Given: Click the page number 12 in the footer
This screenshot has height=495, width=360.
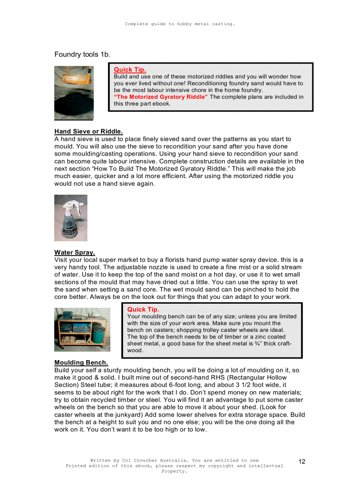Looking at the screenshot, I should pos(302,462).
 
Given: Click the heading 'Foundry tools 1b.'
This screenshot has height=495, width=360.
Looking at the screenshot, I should pos(82,54).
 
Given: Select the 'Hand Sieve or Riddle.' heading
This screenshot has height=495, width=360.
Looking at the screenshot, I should pos(88,131).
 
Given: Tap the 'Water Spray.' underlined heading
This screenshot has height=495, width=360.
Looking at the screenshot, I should pos(75,253).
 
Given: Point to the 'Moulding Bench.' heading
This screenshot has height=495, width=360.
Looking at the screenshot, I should pos(81,363).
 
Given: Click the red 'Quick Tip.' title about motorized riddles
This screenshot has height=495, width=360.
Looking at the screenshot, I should pos(130,70).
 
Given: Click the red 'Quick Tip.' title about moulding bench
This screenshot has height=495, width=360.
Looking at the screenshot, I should pos(143,309).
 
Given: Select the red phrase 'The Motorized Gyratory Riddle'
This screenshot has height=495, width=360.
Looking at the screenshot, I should pos(161,97).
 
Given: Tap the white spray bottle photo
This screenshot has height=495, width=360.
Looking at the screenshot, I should pos(71,218).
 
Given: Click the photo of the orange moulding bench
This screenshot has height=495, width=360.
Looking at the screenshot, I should pos(82,329).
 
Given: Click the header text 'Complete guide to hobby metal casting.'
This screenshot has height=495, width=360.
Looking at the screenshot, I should pos(180,24).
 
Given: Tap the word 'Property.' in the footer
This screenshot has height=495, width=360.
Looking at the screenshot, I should pos(174,471).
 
